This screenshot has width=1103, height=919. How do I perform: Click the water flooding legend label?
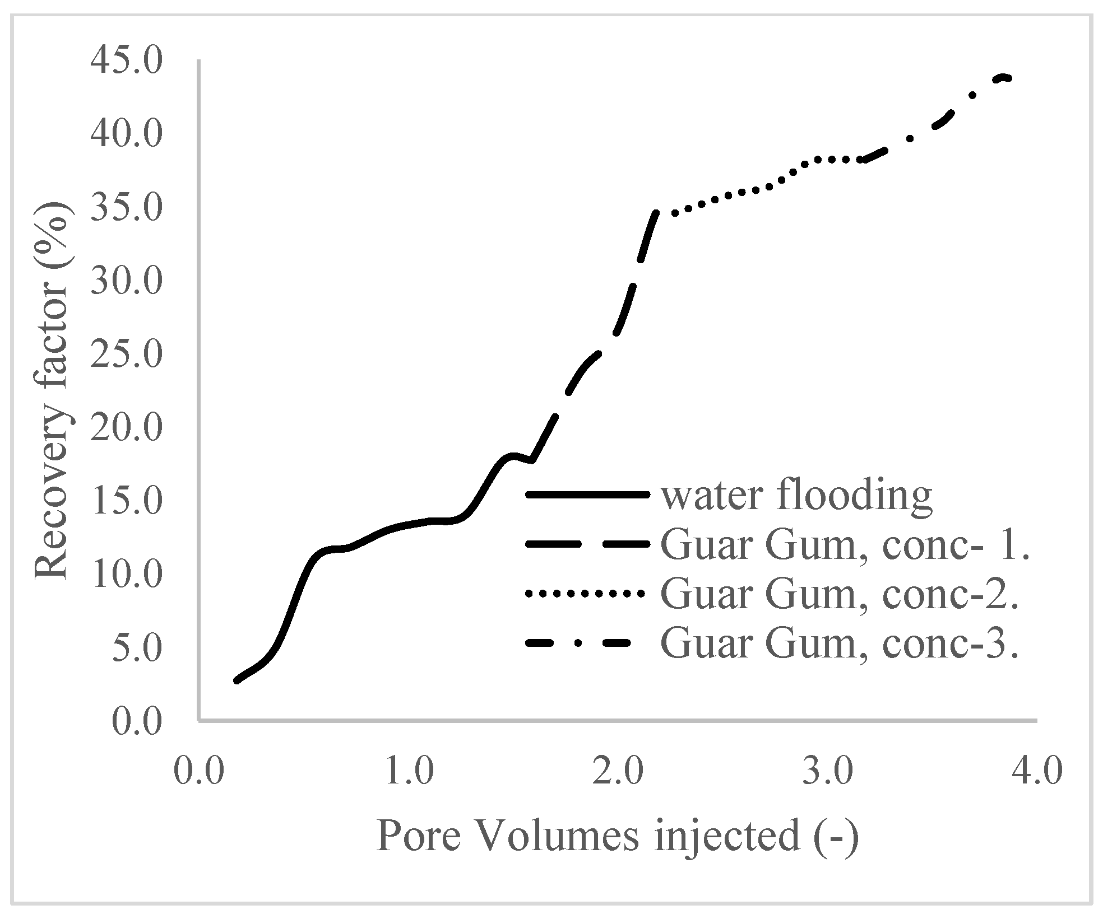tap(796, 495)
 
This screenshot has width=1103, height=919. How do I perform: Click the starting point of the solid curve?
tap(237, 680)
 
